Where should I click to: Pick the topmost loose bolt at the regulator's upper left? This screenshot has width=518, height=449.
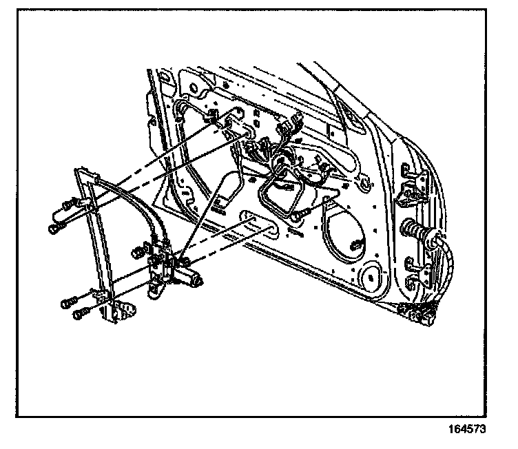(x=68, y=205)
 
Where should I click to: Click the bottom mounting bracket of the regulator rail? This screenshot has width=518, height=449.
(x=121, y=309)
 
